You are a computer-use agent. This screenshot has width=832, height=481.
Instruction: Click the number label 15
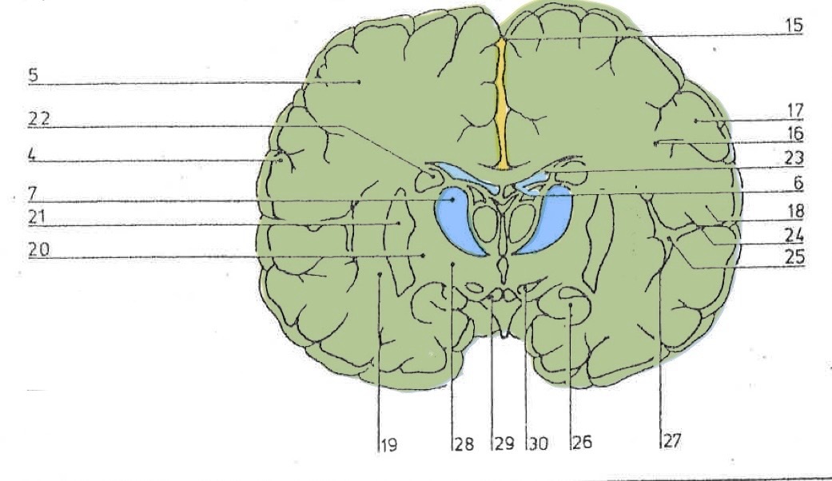pos(793,26)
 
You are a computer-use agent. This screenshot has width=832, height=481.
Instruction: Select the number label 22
pos(39,119)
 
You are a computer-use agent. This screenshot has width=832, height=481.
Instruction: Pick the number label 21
pos(38,217)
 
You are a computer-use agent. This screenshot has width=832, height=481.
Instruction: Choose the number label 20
pos(38,249)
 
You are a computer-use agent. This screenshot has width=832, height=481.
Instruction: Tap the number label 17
pos(793,109)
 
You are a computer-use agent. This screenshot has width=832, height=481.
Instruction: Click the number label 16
pos(793,133)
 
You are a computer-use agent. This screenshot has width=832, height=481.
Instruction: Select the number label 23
pos(793,157)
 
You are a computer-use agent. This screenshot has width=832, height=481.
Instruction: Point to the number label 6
pos(798,183)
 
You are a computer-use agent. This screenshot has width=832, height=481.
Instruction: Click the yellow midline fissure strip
pos(501,104)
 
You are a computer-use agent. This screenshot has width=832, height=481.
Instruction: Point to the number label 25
pos(794,258)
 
